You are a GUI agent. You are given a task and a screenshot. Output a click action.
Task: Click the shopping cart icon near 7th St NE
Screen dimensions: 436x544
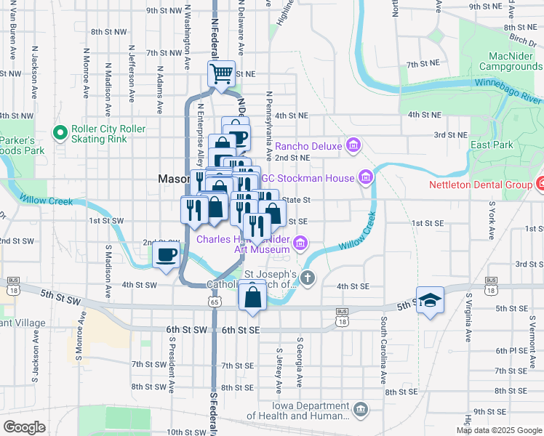tap(221, 73)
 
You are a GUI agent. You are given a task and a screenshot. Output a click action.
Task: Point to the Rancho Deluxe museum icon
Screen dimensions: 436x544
tap(353, 146)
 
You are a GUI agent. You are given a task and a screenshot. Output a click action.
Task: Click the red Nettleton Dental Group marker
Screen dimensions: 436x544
tap(540, 185)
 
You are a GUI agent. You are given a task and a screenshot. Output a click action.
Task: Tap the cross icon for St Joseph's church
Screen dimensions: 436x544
tap(308, 277)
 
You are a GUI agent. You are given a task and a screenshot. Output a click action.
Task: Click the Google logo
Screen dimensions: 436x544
tap(24, 427)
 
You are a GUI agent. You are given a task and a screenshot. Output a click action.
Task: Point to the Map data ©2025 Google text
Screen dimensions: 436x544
tap(499, 430)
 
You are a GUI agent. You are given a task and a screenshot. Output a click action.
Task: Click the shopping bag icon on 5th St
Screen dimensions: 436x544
tap(252, 297)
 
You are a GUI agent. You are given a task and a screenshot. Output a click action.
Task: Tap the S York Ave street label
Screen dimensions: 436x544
tap(492, 222)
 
